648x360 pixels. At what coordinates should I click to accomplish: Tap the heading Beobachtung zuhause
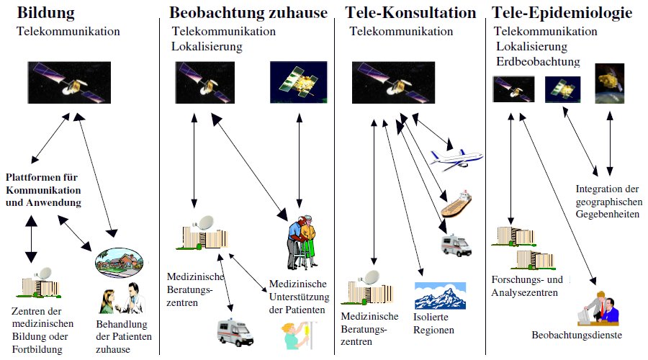[x=248, y=13]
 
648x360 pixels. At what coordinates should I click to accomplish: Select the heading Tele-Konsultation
[x=410, y=13]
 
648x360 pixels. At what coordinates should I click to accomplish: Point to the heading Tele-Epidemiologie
[x=562, y=13]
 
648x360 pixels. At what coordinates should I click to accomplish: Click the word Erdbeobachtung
[x=538, y=61]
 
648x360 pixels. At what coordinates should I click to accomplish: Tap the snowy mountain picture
[x=440, y=295]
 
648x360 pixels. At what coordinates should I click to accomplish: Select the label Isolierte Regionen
[x=435, y=324]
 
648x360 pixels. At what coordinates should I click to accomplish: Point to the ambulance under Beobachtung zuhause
[x=235, y=332]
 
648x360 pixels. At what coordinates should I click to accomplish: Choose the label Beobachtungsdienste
[x=577, y=335]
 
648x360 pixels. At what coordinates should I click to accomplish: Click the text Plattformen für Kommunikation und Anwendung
[x=43, y=190]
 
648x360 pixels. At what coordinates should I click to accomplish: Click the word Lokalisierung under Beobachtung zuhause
[x=207, y=47]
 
